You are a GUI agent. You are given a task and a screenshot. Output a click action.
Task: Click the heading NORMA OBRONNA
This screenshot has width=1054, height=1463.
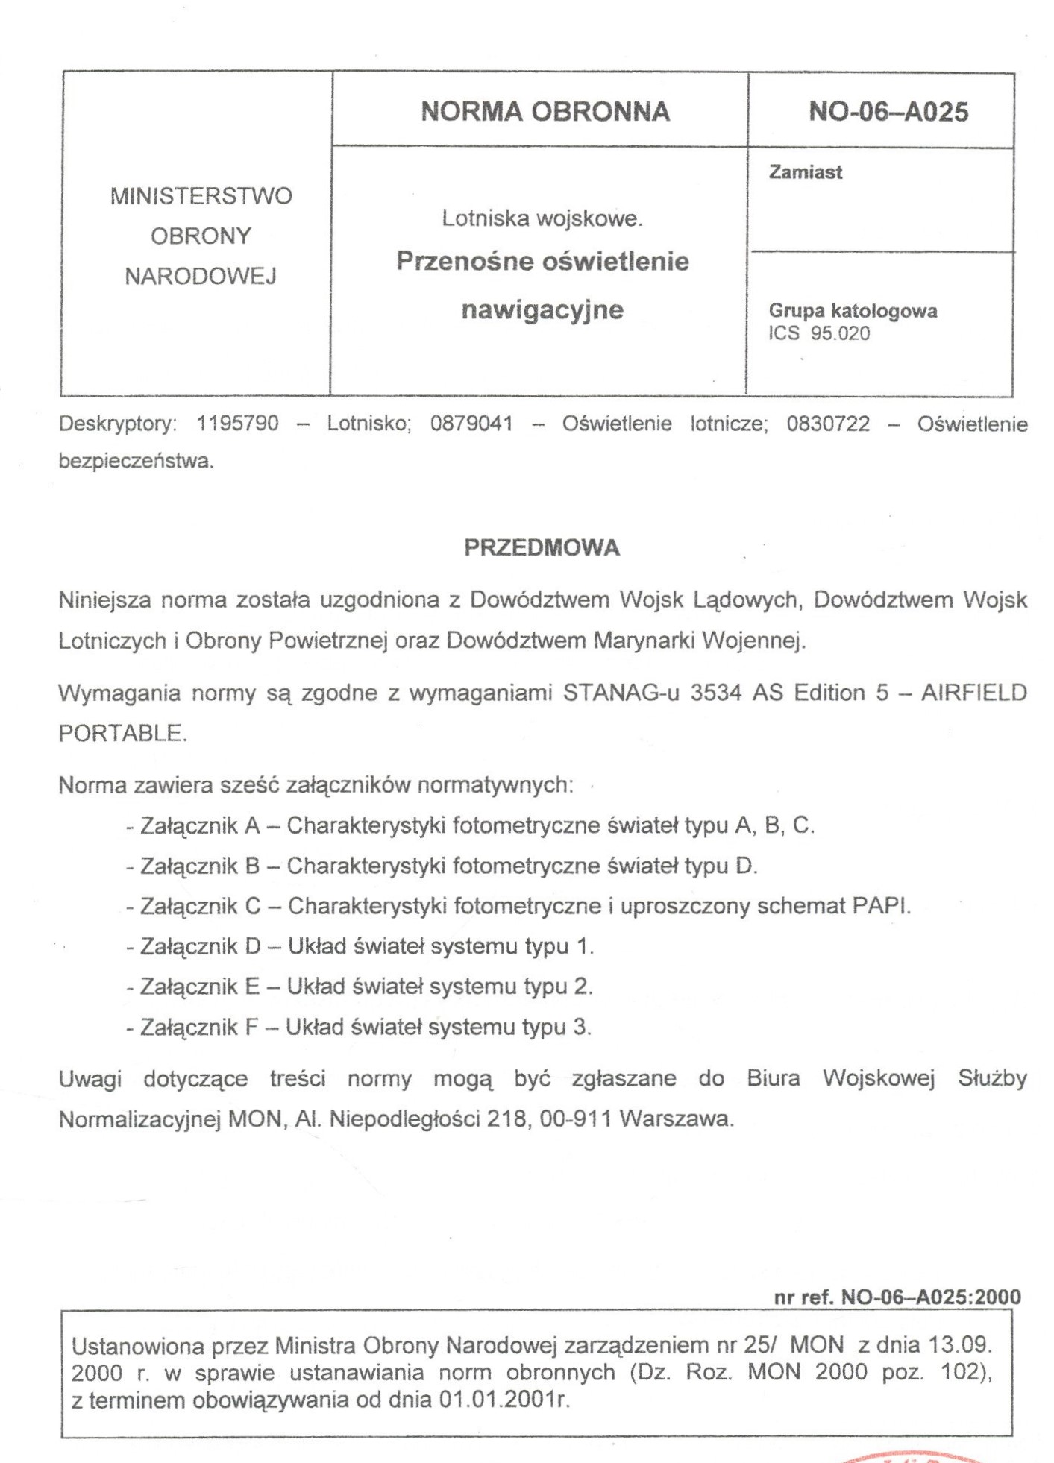(545, 112)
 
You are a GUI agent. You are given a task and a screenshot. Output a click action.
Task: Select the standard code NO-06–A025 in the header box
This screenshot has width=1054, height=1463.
(888, 112)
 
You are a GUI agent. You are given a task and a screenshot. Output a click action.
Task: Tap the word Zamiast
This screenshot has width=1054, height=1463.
(806, 172)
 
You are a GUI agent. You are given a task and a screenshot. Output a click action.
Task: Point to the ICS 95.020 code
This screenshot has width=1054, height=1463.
(819, 333)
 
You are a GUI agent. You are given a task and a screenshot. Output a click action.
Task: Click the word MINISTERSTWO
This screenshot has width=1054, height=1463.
(201, 196)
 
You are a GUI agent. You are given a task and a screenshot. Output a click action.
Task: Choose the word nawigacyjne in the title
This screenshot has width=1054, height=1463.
(542, 309)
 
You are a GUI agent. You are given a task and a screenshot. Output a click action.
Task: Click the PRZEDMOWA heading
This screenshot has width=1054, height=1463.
(542, 548)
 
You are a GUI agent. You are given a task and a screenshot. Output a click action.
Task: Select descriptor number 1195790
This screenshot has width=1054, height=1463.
(237, 424)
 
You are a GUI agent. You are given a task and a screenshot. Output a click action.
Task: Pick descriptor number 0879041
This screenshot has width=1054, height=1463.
(471, 424)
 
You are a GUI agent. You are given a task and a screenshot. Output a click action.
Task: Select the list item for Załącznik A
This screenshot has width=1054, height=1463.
(470, 826)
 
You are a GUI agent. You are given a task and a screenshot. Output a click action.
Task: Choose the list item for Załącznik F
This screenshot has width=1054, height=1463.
(359, 1028)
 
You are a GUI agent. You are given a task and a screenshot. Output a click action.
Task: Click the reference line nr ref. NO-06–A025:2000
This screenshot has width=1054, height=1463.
(897, 1297)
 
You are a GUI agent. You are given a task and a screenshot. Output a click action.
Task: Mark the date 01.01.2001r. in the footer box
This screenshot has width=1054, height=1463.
(504, 1400)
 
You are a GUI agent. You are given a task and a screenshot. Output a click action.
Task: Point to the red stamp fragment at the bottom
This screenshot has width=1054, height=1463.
(914, 1455)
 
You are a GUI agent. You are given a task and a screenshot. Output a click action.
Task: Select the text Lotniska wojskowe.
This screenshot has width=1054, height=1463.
(542, 218)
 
